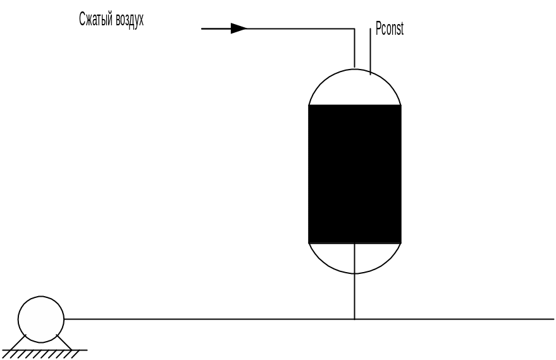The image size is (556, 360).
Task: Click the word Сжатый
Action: click(95, 20)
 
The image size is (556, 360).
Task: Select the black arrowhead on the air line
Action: click(238, 28)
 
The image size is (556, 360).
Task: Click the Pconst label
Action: click(390, 29)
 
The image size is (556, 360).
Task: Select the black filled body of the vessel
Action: click(355, 174)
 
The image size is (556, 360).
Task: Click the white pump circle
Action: click(41, 319)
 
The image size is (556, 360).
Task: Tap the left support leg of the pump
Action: click(19, 342)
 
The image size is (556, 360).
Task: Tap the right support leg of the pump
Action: click(64, 342)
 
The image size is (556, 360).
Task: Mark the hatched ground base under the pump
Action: click(44, 353)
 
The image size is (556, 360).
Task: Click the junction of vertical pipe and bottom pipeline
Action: click(355, 319)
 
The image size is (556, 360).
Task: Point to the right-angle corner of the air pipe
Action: click(355, 28)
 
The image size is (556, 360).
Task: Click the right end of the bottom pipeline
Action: click(552, 319)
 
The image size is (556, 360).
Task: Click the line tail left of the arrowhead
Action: click(216, 28)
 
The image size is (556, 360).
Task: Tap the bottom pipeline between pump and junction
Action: click(209, 319)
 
